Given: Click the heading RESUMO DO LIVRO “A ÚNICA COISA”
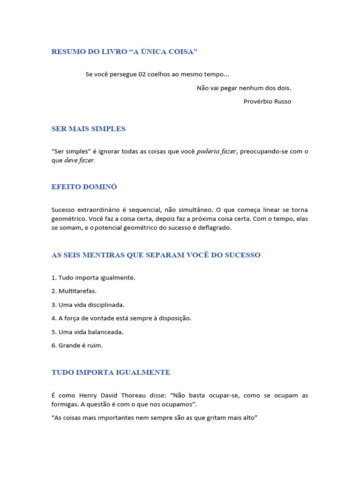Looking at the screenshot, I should point(124,52).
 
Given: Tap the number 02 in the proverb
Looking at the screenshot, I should point(142,75).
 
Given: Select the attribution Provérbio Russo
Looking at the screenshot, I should point(267,101).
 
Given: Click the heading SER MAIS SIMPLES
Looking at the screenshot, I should point(88,129).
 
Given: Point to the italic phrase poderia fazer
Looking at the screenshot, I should point(217,151).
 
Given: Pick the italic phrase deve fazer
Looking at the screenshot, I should point(79,160).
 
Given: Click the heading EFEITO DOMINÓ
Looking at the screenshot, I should point(84,187).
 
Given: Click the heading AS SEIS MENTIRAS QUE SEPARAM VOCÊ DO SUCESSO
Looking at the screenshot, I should point(156,255).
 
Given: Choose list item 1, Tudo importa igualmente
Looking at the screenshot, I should point(93,277).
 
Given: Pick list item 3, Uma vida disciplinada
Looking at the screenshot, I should point(88,305).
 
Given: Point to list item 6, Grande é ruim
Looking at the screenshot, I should point(77,345).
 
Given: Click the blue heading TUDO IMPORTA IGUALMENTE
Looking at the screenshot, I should point(111,373).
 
